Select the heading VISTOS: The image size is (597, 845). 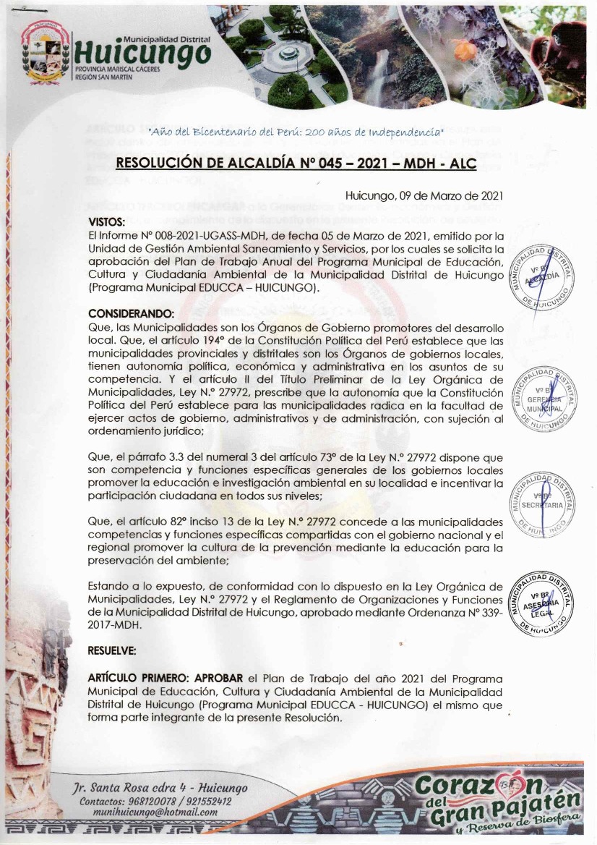click(107, 222)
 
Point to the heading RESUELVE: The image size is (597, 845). click(111, 650)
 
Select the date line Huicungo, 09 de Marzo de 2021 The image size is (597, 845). click(424, 196)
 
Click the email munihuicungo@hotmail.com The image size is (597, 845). click(155, 812)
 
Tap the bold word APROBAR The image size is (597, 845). click(220, 679)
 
